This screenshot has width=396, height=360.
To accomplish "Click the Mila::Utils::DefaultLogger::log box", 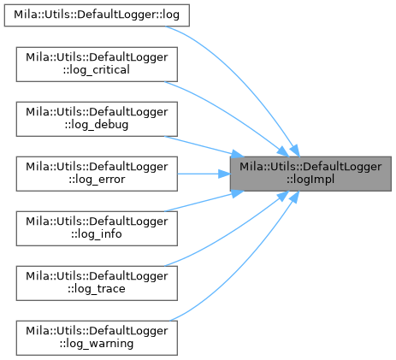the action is pyautogui.click(x=97, y=15).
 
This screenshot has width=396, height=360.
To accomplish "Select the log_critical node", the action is pyautogui.click(x=97, y=64).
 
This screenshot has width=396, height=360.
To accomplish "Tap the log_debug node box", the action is pyautogui.click(x=97, y=119).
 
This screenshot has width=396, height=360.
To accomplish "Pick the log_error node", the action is pyautogui.click(x=97, y=174).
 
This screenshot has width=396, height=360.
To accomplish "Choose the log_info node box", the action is pyautogui.click(x=97, y=228).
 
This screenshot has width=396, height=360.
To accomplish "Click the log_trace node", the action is pyautogui.click(x=97, y=283).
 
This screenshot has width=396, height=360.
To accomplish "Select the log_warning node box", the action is pyautogui.click(x=97, y=338).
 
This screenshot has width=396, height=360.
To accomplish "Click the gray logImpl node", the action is pyautogui.click(x=310, y=174).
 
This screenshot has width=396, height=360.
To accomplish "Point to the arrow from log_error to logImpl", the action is pyautogui.click(x=204, y=174).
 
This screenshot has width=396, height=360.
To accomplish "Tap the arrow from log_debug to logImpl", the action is pyautogui.click(x=204, y=146).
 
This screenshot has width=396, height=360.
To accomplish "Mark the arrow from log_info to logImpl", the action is pyautogui.click(x=204, y=201).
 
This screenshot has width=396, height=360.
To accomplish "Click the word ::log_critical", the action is pyautogui.click(x=97, y=70).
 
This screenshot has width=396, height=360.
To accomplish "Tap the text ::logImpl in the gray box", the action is pyautogui.click(x=310, y=180).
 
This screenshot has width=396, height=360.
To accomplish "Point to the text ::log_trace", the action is pyautogui.click(x=97, y=289).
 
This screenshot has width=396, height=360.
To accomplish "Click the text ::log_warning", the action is pyautogui.click(x=97, y=344).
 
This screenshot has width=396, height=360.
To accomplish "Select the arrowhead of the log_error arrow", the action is pyautogui.click(x=224, y=174).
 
